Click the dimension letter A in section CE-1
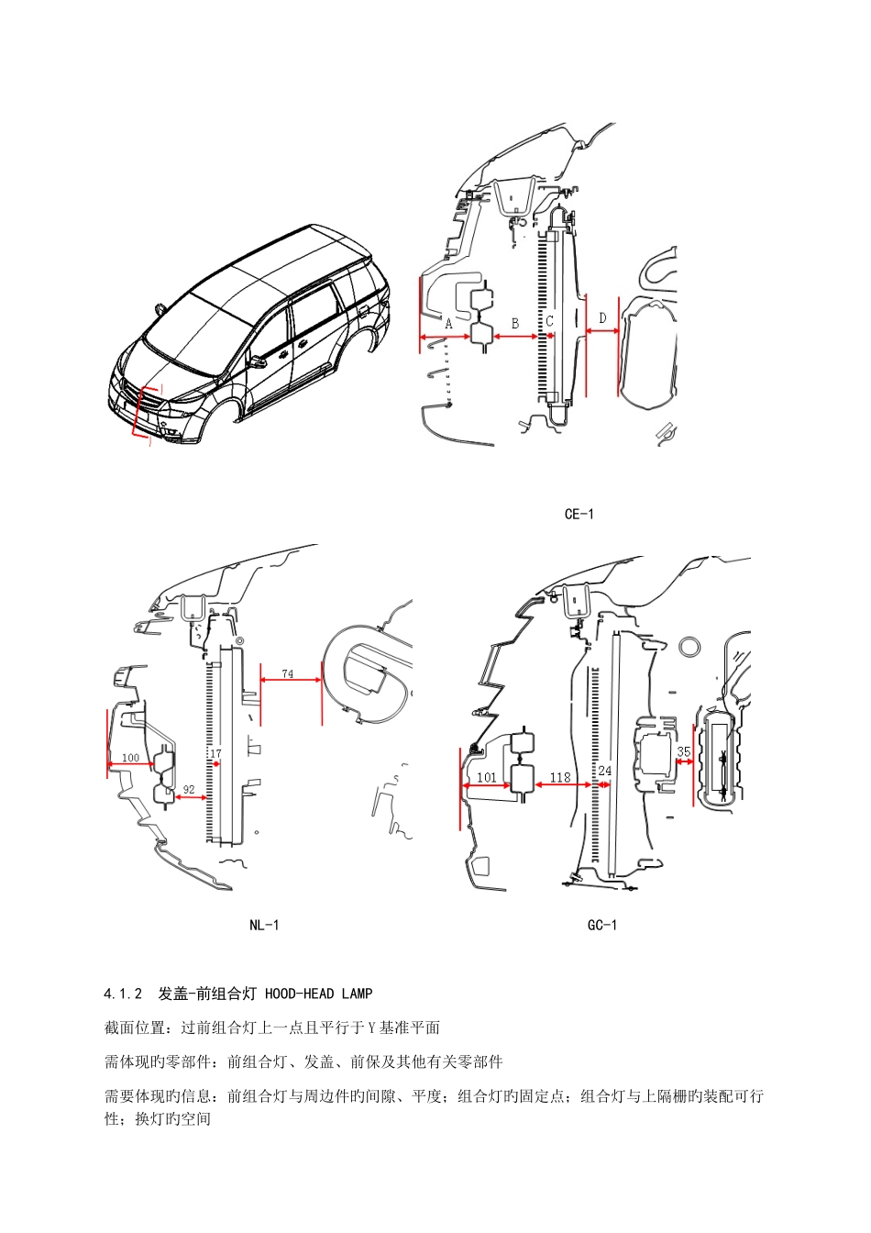pyautogui.click(x=448, y=324)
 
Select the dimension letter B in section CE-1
pyautogui.click(x=515, y=324)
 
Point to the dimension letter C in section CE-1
pyautogui.click(x=550, y=322)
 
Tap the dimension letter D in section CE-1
pyautogui.click(x=602, y=318)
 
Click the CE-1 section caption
pyautogui.click(x=579, y=514)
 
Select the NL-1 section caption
pyautogui.click(x=264, y=925)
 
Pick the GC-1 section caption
pyautogui.click(x=601, y=925)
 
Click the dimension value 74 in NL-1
pyautogui.click(x=287, y=673)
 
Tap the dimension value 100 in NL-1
pyautogui.click(x=130, y=758)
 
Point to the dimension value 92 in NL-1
pyautogui.click(x=189, y=788)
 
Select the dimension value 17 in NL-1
pyautogui.click(x=215, y=754)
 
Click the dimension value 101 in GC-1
pyautogui.click(x=487, y=777)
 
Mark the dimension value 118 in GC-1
pyautogui.click(x=559, y=777)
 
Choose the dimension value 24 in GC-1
pyautogui.click(x=604, y=772)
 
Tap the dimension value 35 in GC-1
pyautogui.click(x=683, y=751)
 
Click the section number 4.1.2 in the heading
pyautogui.click(x=124, y=994)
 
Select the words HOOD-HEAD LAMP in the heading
pyautogui.click(x=318, y=994)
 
